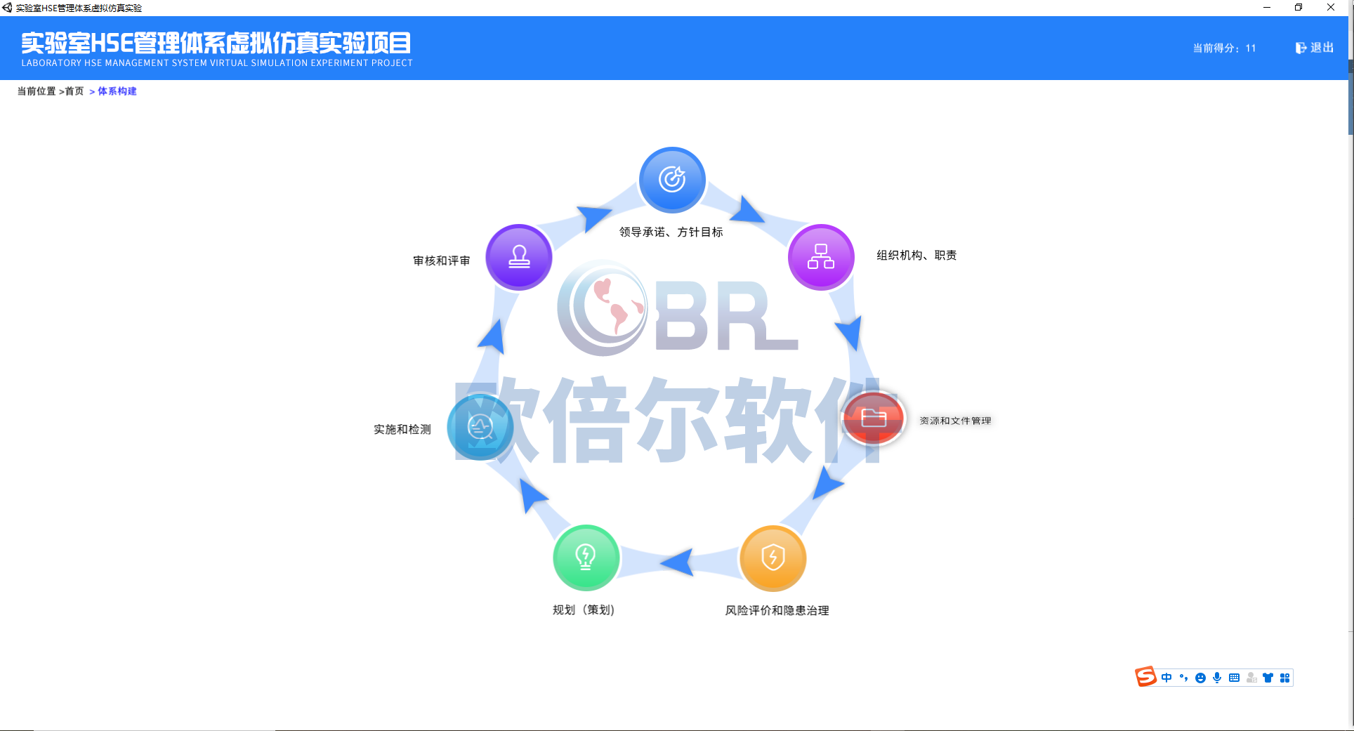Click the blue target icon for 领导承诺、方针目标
click(x=672, y=180)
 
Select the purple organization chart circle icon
click(x=820, y=257)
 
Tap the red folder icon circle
click(x=874, y=419)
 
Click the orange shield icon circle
click(x=773, y=558)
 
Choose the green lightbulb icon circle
click(x=586, y=558)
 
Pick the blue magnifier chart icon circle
click(x=480, y=427)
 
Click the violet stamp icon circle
click(x=519, y=257)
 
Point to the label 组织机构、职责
click(x=916, y=256)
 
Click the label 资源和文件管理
click(x=955, y=421)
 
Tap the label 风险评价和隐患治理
click(x=777, y=611)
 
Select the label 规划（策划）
click(x=584, y=610)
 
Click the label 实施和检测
click(x=402, y=430)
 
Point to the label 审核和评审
click(x=442, y=261)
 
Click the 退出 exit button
click(x=1315, y=48)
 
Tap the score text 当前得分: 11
click(x=1224, y=48)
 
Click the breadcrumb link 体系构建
click(x=117, y=91)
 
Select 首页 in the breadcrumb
click(x=74, y=91)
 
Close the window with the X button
click(x=1331, y=8)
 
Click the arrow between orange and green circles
click(x=678, y=562)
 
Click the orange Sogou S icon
click(x=1145, y=677)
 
